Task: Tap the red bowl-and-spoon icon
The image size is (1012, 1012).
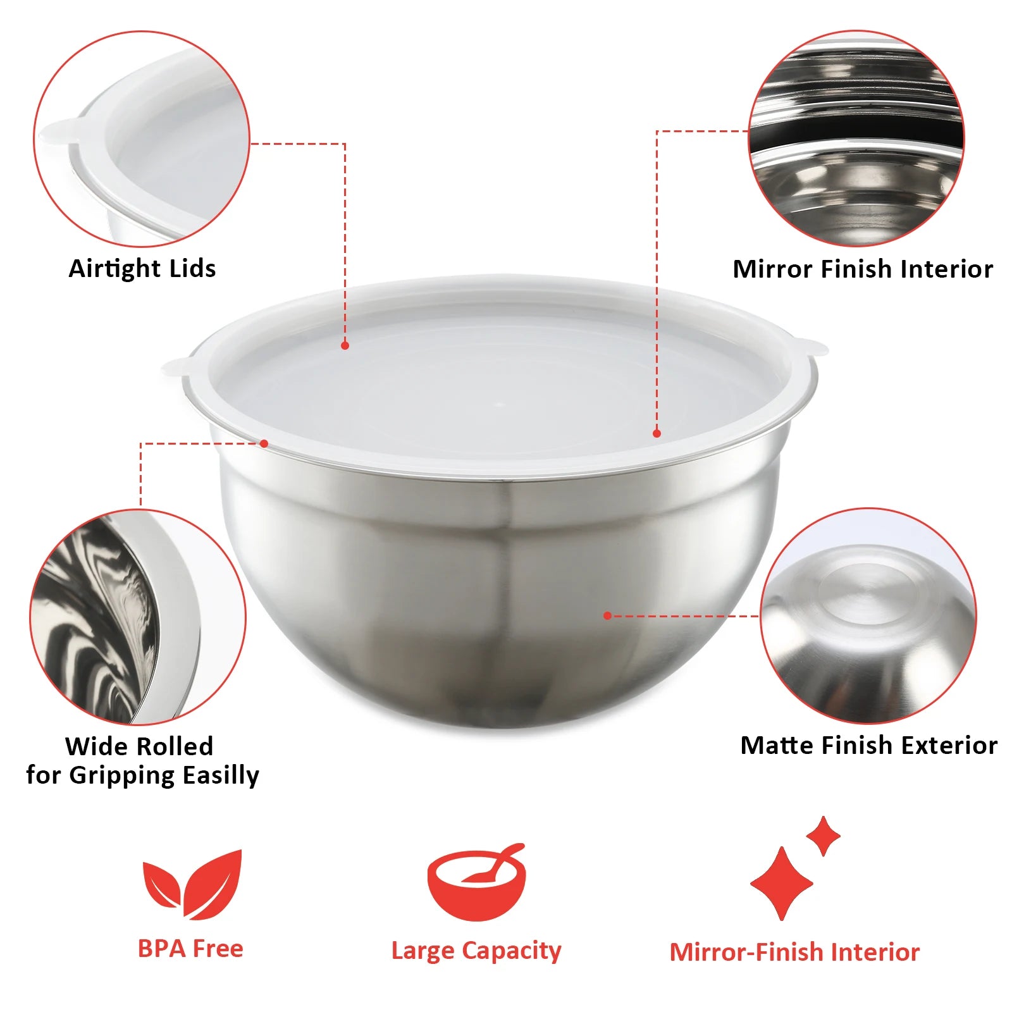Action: tap(476, 883)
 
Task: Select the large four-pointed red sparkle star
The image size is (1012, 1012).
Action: tap(782, 883)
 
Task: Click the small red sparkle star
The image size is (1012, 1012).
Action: tap(823, 836)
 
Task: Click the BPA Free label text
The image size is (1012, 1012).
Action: tap(190, 949)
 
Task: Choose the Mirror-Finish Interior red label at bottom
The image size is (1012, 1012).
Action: tap(794, 952)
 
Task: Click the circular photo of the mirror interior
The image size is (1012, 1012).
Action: tap(856, 138)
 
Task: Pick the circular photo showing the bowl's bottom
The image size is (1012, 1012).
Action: tap(868, 616)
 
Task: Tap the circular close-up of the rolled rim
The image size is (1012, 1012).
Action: tap(138, 617)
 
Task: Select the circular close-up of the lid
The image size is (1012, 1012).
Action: tap(142, 139)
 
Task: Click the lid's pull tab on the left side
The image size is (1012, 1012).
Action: tap(175, 366)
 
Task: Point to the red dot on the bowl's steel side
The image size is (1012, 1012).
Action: tap(607, 615)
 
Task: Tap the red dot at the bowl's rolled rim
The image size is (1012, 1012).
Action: tap(264, 443)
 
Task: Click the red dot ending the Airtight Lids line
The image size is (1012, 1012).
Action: tap(345, 345)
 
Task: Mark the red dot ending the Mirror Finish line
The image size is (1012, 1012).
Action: tap(657, 433)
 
